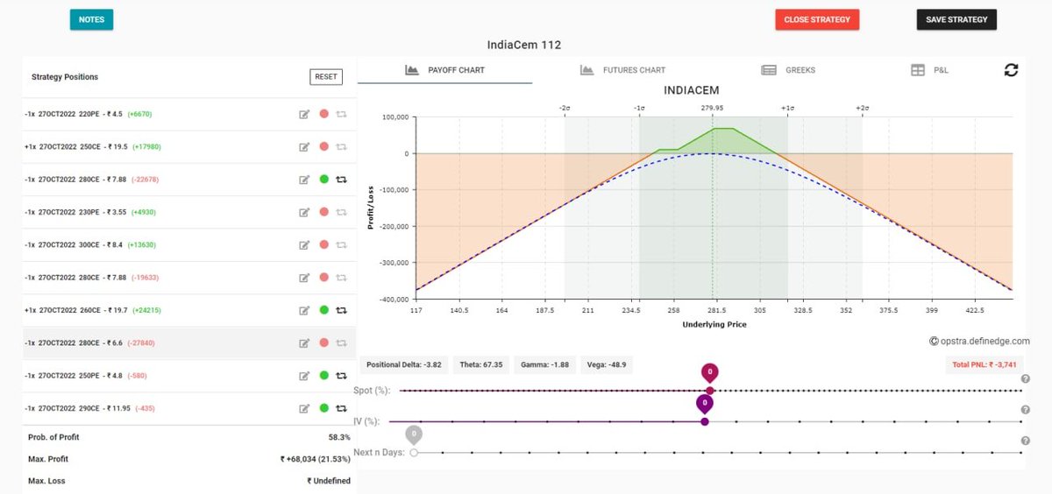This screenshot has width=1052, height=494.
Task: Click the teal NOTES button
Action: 91,19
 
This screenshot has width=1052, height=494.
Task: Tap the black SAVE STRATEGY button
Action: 956,19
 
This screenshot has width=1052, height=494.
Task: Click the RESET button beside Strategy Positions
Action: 326,77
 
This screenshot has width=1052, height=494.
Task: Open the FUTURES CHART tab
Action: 622,70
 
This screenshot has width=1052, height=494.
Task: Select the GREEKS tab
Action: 788,70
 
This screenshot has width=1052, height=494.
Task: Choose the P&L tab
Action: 929,70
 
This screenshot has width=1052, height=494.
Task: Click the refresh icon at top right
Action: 1011,70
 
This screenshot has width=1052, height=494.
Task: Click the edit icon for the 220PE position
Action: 304,114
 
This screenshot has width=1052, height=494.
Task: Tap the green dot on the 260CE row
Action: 324,310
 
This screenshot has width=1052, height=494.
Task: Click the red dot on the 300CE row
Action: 324,245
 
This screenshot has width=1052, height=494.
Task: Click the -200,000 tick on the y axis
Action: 394,227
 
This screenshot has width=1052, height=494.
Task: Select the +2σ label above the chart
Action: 863,108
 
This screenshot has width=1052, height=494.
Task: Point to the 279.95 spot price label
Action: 712,108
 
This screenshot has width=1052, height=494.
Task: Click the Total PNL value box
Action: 984,365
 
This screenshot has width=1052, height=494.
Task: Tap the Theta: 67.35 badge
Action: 481,365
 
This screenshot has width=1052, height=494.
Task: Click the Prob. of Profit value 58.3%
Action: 339,437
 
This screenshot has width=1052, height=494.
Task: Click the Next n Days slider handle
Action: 414,453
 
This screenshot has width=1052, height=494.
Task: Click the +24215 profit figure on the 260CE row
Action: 146,310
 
